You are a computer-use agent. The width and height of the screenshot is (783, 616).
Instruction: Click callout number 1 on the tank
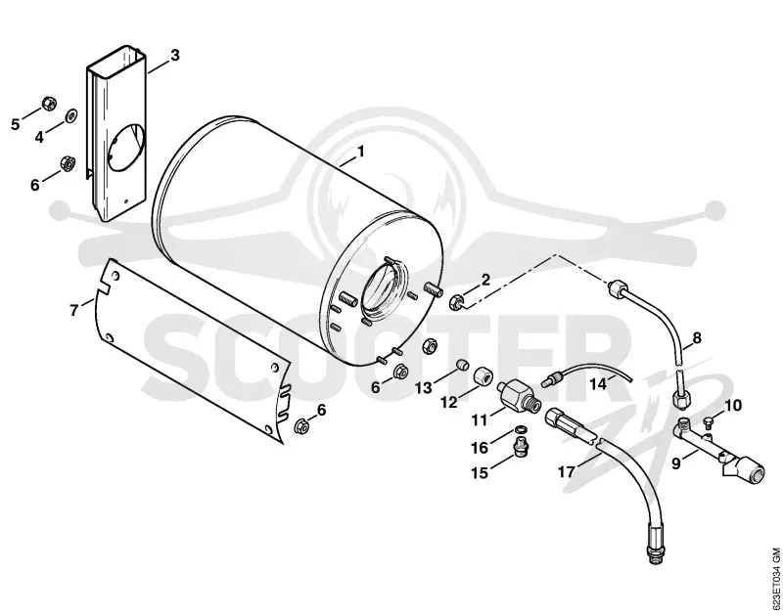360,151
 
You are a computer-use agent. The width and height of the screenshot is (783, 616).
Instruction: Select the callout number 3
174,55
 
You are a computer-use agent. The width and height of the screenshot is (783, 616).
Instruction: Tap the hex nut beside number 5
49,104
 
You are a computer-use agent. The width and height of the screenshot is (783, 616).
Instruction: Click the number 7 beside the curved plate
74,310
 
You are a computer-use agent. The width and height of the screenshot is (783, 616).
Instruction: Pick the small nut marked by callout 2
457,302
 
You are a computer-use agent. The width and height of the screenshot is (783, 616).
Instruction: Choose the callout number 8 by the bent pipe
697,337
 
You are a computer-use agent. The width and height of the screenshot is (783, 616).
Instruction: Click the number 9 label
676,463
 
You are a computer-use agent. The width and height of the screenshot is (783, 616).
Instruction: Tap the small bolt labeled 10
706,422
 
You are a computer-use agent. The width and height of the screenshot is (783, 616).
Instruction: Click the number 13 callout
424,387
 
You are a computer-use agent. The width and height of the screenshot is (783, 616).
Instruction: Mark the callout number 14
598,384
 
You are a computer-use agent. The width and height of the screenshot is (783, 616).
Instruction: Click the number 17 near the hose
566,471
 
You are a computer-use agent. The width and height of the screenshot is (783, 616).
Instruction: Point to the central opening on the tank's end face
385,291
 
